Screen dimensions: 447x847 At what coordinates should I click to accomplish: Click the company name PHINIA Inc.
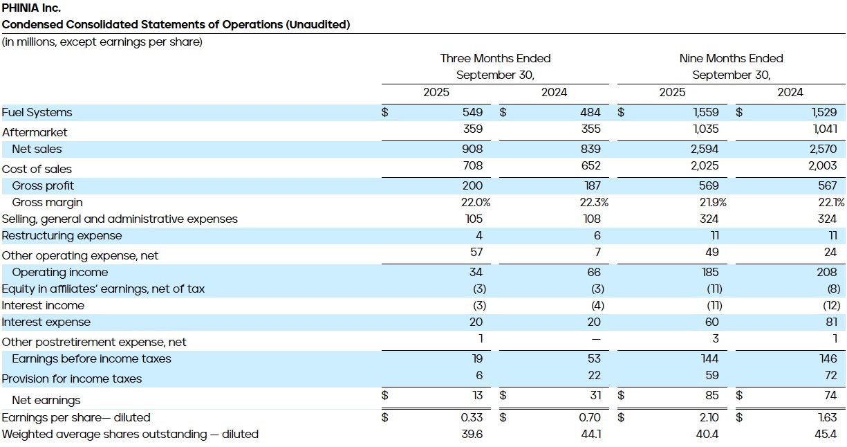[31, 8]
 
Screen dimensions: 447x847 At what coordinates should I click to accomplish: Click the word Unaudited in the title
[317, 24]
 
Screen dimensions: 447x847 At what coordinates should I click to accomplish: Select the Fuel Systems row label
[37, 112]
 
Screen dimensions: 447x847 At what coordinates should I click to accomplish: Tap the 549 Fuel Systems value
[472, 112]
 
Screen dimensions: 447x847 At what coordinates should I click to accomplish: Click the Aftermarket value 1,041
[826, 129]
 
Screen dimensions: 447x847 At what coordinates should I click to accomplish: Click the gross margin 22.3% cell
[594, 202]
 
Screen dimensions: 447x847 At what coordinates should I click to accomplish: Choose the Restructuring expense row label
[62, 235]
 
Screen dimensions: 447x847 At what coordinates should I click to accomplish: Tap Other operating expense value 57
[476, 252]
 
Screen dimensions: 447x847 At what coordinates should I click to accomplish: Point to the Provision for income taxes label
[71, 378]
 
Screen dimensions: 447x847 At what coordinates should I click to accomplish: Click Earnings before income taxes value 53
[594, 358]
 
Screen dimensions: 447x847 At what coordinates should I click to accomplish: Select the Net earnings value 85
[711, 396]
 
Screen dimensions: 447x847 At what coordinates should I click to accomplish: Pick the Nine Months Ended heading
[731, 58]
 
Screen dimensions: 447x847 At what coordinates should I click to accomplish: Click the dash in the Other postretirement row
[596, 339]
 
